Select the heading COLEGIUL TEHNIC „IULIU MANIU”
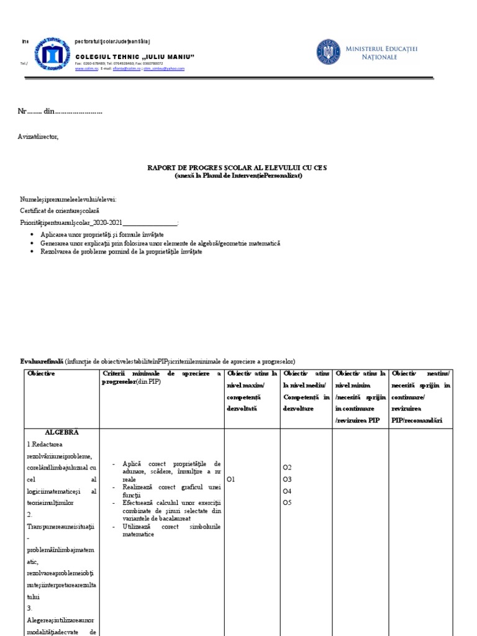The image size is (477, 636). [x=140, y=57]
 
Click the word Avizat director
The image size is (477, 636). [x=39, y=137]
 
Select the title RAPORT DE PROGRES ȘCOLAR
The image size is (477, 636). [x=237, y=168]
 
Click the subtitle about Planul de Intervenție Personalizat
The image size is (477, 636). [x=238, y=176]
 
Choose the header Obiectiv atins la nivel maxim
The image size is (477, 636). [x=252, y=391]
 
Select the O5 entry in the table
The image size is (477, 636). [x=287, y=502]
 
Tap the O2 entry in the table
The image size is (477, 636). [x=287, y=467]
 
